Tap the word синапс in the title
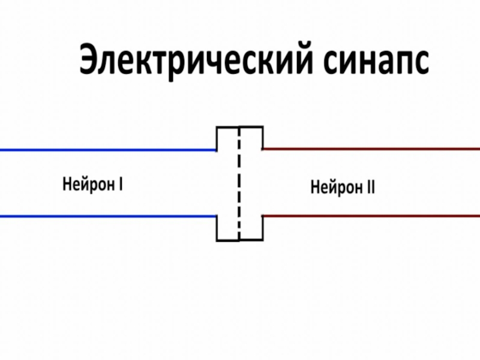pyautogui.click(x=377, y=62)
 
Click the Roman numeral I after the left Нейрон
pyautogui.click(x=121, y=182)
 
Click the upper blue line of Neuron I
pyautogui.click(x=108, y=150)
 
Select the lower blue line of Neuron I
pyautogui.click(x=108, y=216)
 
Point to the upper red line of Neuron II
pyautogui.click(x=372, y=149)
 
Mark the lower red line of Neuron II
pyautogui.click(x=372, y=215)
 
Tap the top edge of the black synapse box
pyautogui.click(x=239, y=127)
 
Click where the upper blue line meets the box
pyautogui.click(x=217, y=150)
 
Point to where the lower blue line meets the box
pyautogui.click(x=217, y=216)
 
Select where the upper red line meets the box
pyautogui.click(x=262, y=149)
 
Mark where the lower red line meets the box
pyautogui.click(x=263, y=215)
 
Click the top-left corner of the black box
pyautogui.click(x=217, y=128)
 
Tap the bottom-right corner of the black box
pyautogui.click(x=263, y=240)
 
